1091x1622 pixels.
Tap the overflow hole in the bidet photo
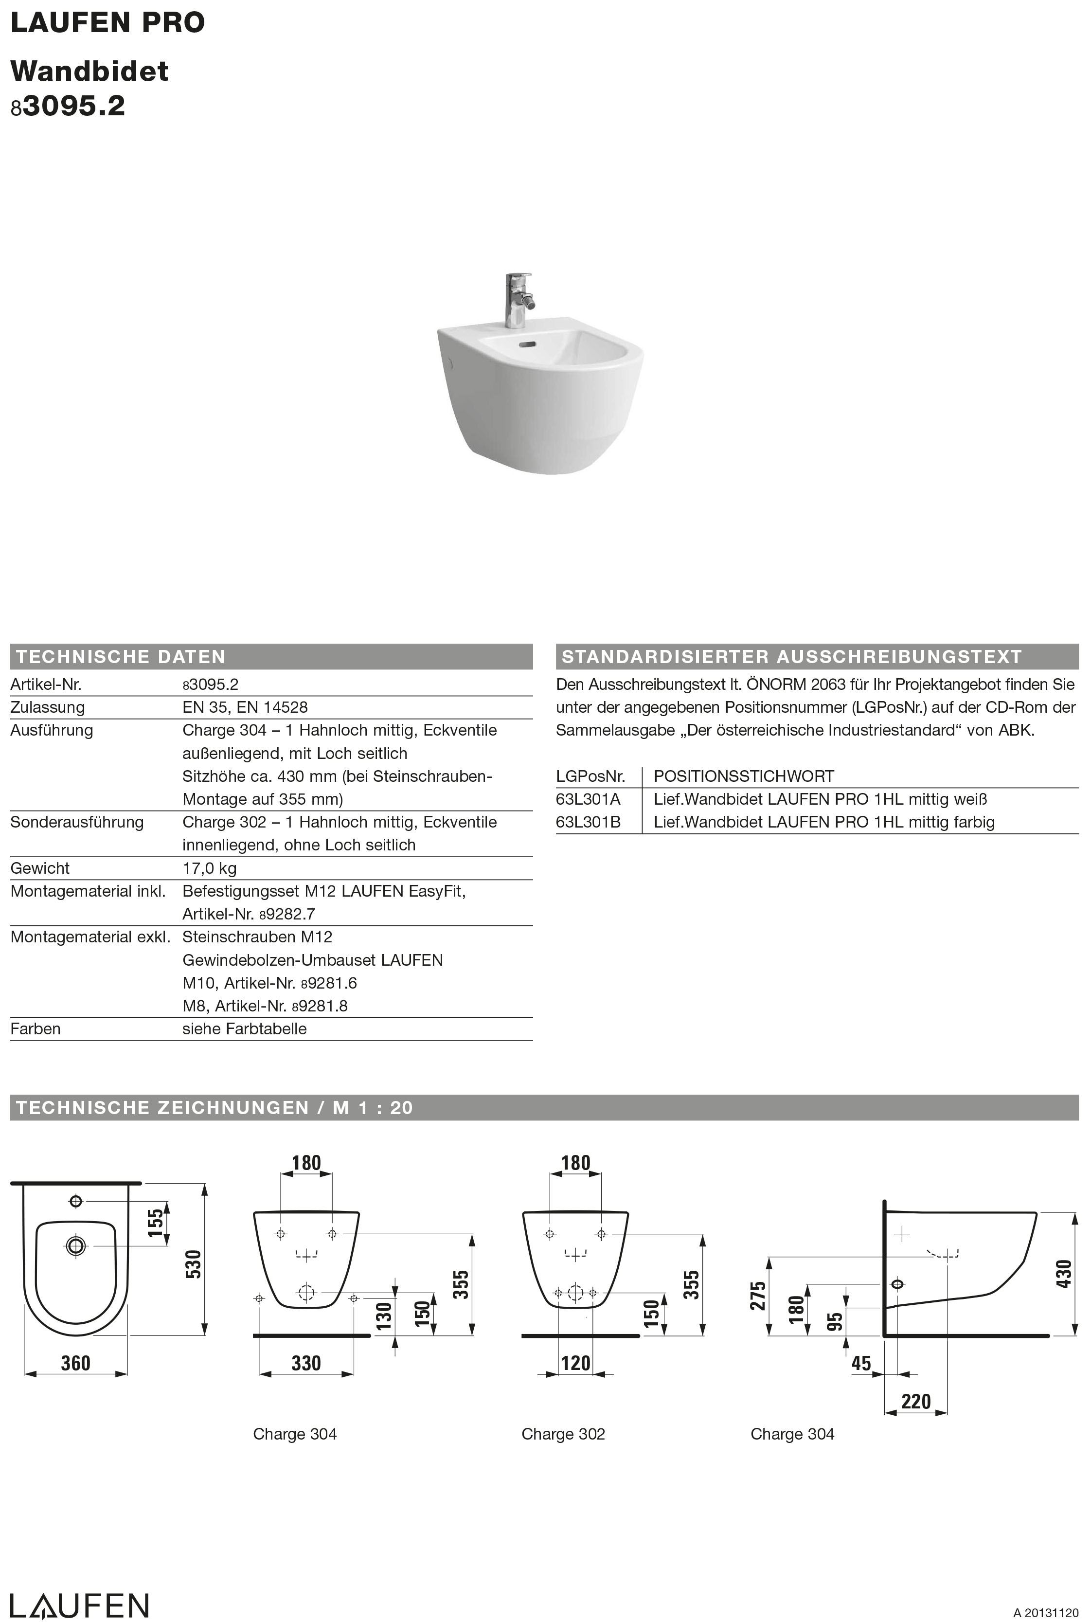pyautogui.click(x=529, y=344)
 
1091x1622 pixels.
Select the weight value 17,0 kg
pyautogui.click(x=210, y=868)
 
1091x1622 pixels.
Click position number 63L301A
pyautogui.click(x=588, y=799)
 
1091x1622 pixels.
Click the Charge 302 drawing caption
pyautogui.click(x=563, y=1434)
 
